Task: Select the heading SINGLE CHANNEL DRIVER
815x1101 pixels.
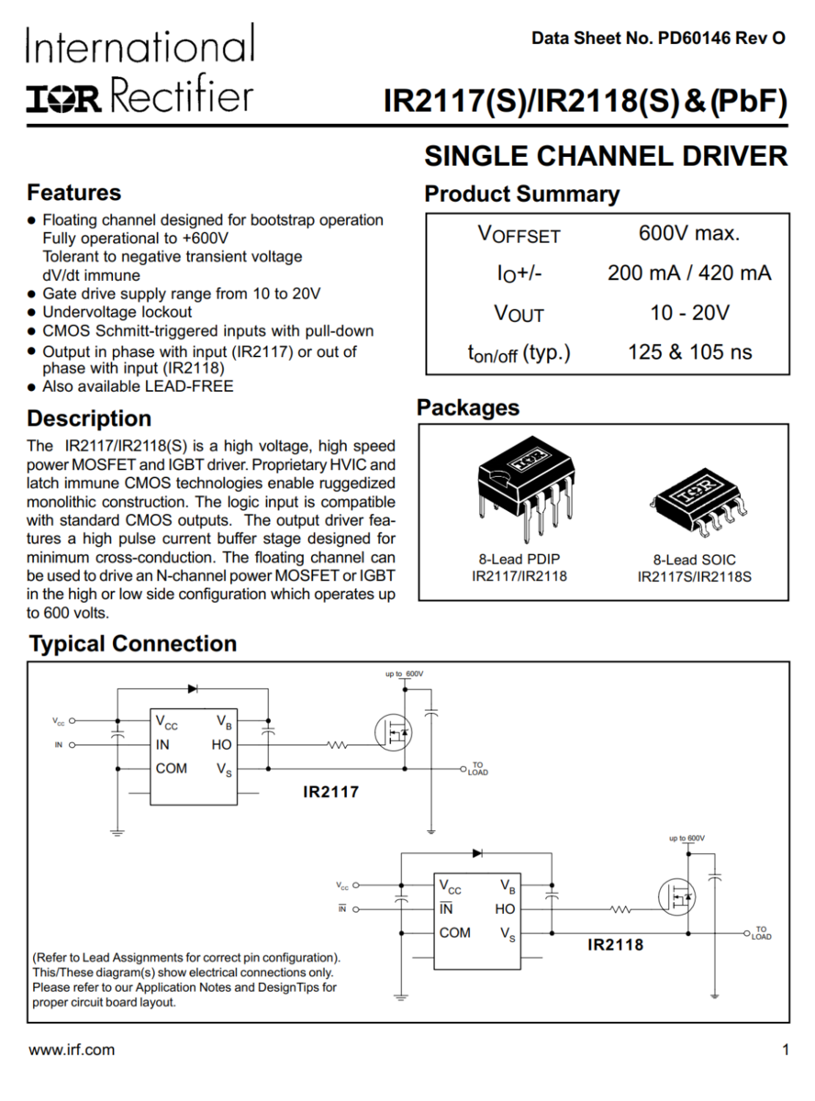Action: click(605, 157)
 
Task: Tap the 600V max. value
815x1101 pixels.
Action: click(688, 233)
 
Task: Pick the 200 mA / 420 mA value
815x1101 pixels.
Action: click(689, 272)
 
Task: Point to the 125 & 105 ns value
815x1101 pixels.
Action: click(689, 352)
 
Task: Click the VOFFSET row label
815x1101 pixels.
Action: click(519, 234)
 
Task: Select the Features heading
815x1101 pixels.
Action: click(74, 193)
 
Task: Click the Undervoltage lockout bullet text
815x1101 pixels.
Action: click(117, 312)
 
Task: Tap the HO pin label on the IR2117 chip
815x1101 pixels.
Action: click(222, 745)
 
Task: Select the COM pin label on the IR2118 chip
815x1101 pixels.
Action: click(454, 933)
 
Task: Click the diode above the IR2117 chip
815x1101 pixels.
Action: click(193, 688)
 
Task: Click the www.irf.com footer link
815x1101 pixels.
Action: click(72, 1050)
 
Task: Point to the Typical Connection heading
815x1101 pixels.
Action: click(133, 644)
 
